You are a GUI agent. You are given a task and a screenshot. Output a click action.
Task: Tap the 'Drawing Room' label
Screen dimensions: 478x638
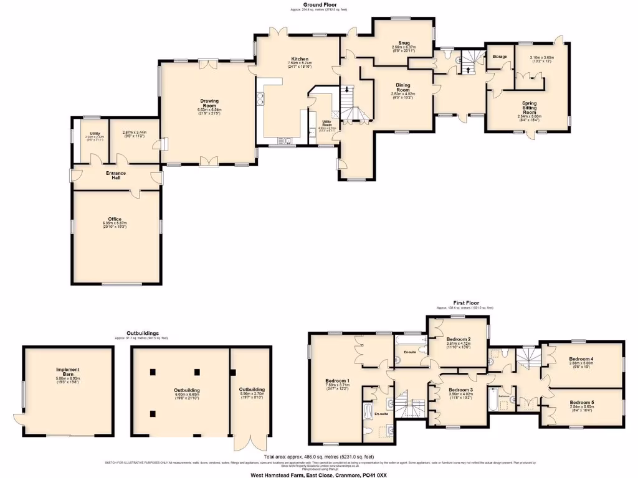click(209, 103)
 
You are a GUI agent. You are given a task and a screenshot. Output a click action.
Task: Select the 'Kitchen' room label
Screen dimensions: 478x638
click(298, 59)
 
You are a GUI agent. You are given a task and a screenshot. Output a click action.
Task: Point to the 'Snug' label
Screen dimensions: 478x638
click(403, 42)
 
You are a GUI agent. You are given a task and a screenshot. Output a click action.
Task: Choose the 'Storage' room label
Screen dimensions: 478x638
click(500, 57)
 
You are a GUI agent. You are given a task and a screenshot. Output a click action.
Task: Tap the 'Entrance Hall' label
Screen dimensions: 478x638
click(116, 175)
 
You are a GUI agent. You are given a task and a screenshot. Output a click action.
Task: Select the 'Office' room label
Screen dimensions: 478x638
click(115, 219)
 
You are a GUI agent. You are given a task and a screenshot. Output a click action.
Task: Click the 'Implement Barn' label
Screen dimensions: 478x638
click(69, 372)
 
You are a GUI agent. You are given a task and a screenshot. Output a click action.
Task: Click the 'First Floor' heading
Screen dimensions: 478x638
click(465, 303)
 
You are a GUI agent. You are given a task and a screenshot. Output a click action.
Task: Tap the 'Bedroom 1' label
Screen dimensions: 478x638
click(337, 381)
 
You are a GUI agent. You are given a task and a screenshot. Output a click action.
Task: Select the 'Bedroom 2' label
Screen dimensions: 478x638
click(458, 339)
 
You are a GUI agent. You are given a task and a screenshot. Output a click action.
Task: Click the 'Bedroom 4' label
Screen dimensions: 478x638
click(581, 359)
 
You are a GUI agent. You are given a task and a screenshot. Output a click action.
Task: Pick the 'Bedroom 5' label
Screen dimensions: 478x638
click(581, 403)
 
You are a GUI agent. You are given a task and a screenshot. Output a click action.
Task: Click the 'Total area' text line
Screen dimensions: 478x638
click(318, 456)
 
